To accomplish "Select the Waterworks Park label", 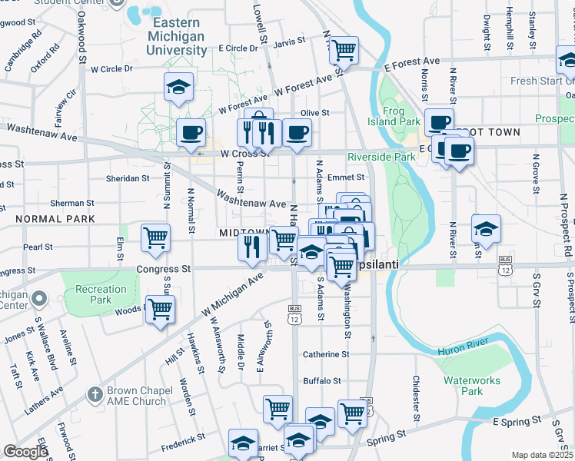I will (x=471, y=386).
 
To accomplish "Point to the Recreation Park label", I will (x=101, y=295).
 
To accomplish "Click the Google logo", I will (x=25, y=452).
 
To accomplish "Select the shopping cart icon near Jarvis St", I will (x=344, y=51).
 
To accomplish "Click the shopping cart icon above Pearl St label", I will (x=155, y=237).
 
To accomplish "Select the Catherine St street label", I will (x=326, y=355).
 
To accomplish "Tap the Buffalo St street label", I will (x=322, y=381).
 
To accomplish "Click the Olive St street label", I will (x=314, y=113).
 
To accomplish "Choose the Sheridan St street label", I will (x=128, y=178).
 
